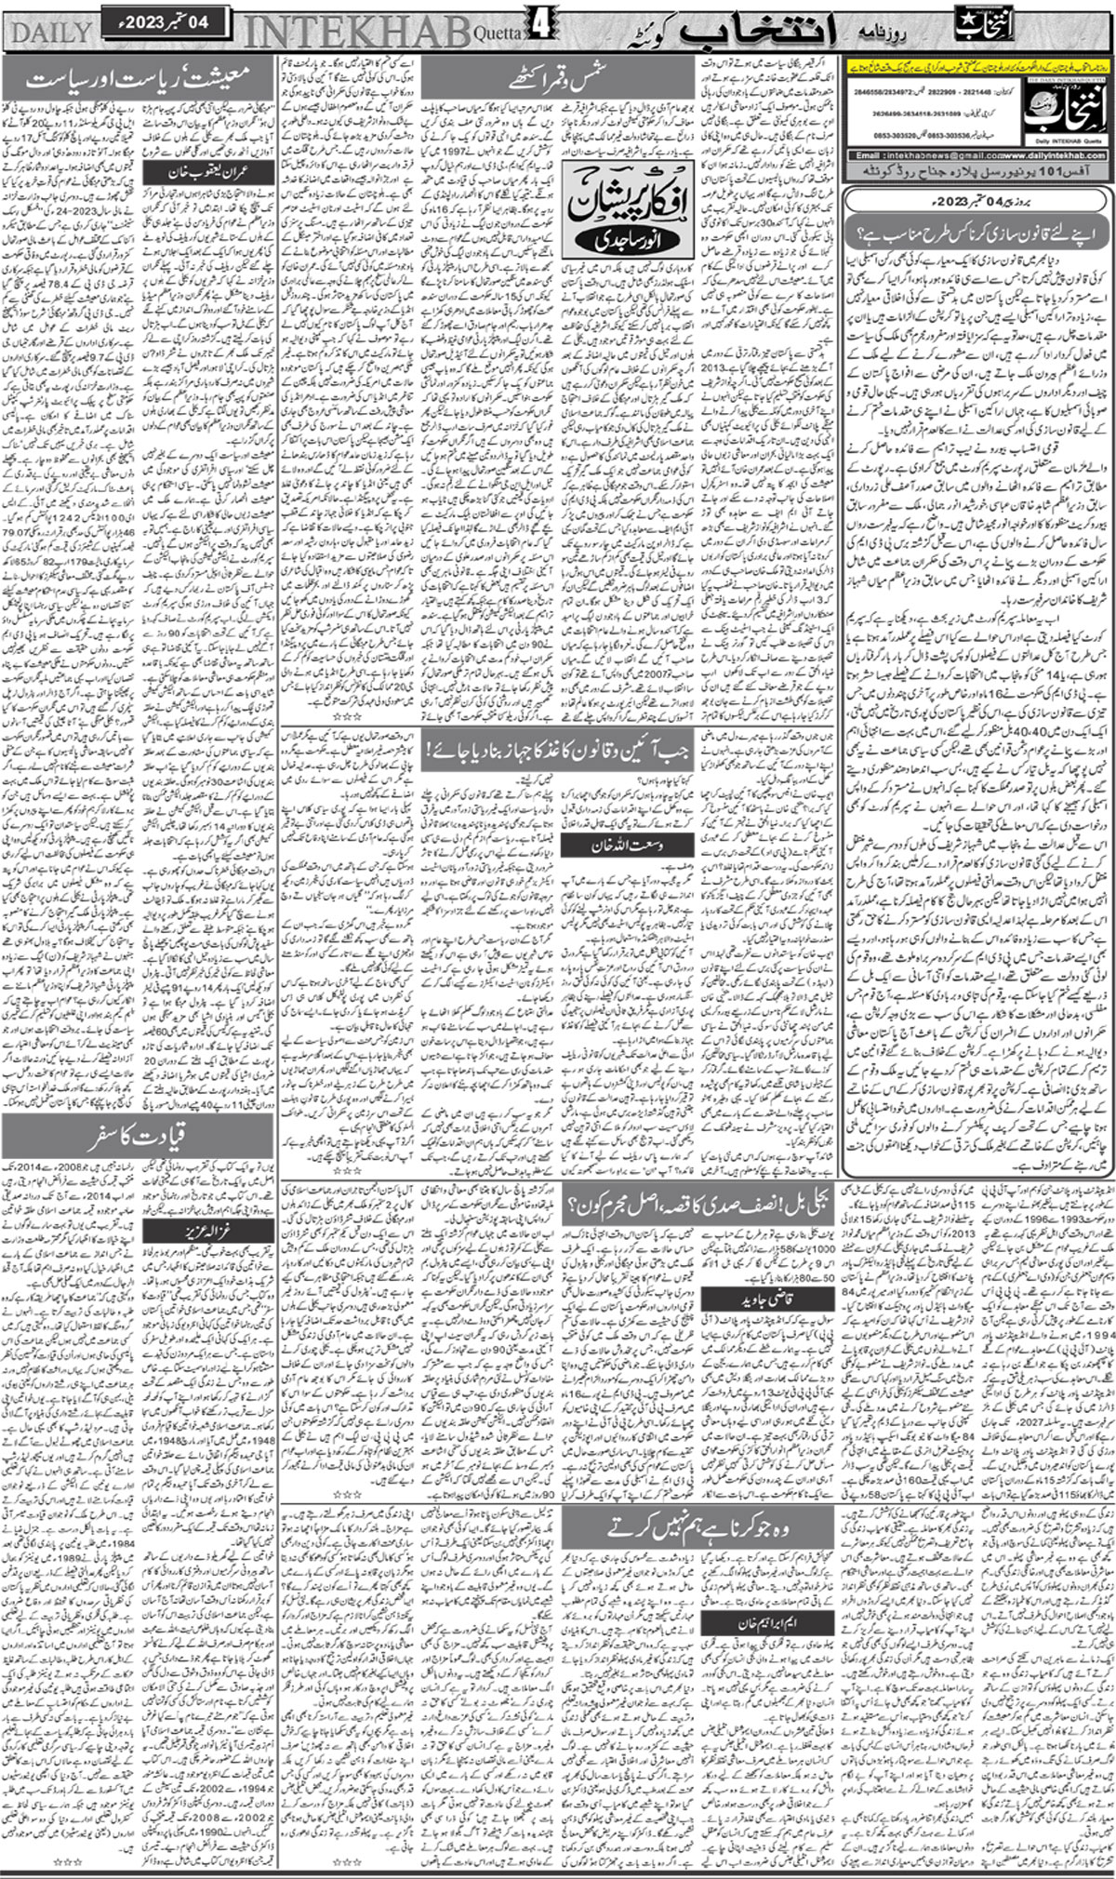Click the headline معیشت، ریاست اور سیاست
[138, 79]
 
